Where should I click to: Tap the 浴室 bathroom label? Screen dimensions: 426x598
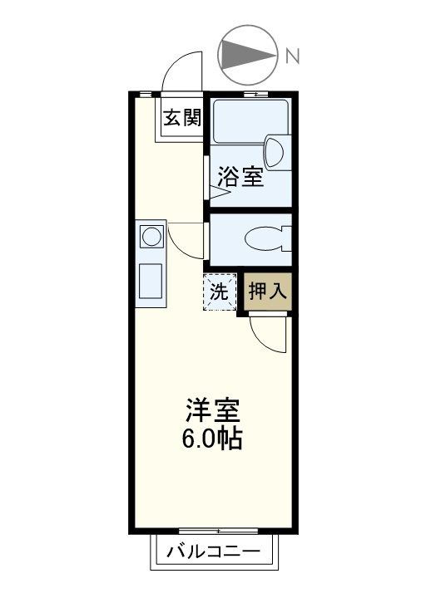(x=240, y=178)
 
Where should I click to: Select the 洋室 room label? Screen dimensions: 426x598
(x=212, y=411)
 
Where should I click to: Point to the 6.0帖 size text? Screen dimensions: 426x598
(x=211, y=439)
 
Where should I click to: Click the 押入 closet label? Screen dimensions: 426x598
(x=267, y=292)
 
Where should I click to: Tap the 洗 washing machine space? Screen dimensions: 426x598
(x=220, y=292)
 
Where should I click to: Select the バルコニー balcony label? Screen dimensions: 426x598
(x=213, y=551)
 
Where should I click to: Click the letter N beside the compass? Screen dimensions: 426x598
(x=293, y=56)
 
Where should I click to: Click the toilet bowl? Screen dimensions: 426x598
(x=265, y=239)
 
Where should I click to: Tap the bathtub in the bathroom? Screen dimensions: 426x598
(x=250, y=121)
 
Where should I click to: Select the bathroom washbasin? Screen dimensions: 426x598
(x=276, y=152)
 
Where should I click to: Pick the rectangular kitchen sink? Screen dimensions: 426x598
(x=151, y=281)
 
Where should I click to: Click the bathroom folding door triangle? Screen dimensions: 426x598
(x=220, y=192)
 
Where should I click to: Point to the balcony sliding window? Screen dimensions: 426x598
(x=218, y=531)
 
